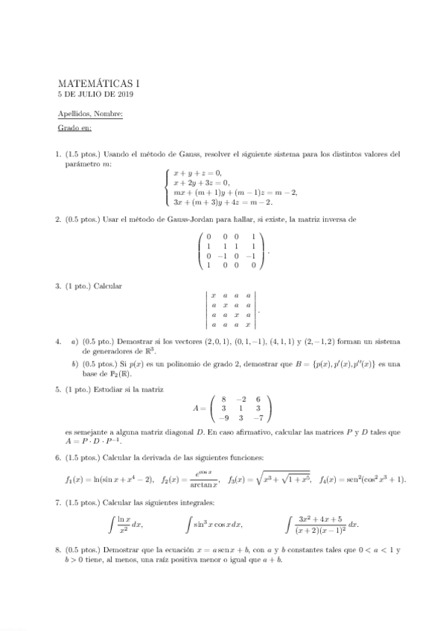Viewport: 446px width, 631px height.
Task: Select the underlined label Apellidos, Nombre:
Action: coord(90,113)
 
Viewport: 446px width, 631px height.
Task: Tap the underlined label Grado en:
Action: coord(74,127)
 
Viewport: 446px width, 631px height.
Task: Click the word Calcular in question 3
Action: coord(107,286)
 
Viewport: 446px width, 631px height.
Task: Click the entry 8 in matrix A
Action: coord(223,398)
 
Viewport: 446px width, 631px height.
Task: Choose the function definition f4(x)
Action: coord(363,478)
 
